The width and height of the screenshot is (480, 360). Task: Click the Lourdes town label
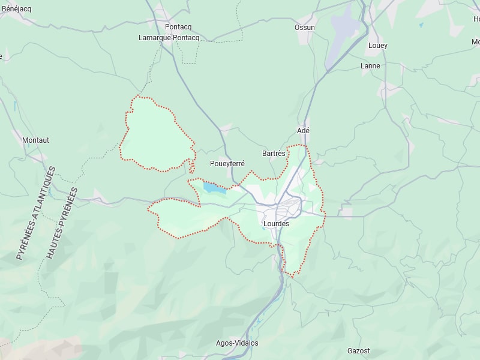(276, 224)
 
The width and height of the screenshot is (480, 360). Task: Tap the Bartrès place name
(274, 154)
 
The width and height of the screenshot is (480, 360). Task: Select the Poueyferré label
(227, 163)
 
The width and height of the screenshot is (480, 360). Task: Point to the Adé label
(303, 131)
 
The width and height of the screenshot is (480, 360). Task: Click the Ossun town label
(305, 28)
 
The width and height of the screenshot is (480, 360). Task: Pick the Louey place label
(378, 46)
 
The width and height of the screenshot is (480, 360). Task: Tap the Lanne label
(370, 66)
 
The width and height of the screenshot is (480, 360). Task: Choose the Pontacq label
(178, 27)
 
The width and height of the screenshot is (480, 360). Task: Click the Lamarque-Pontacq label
(169, 38)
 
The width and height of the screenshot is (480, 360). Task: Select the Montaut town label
(35, 140)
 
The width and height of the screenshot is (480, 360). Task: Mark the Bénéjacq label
(16, 9)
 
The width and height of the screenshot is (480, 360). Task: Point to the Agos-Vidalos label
(237, 343)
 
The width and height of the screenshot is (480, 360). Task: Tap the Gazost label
(359, 351)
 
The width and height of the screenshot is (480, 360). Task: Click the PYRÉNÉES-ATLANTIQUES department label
(35, 213)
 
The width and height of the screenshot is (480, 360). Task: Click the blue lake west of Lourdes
(214, 188)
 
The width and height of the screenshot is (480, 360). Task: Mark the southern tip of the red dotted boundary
(293, 277)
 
